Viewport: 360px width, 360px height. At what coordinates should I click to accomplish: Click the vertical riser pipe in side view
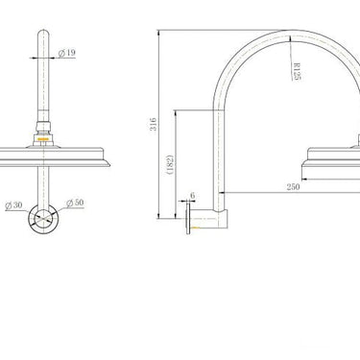click(x=220, y=144)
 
